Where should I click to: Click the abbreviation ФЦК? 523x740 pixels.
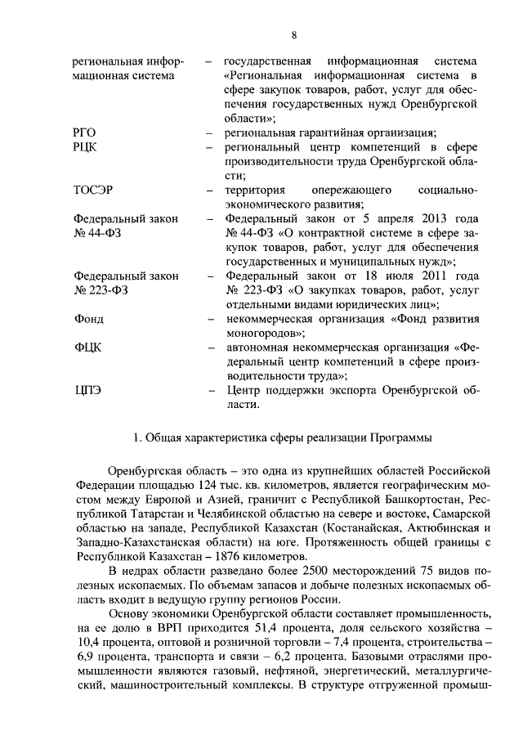click(87, 348)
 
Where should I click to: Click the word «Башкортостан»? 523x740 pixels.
click(425, 498)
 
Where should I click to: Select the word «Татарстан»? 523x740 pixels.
click(160, 513)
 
